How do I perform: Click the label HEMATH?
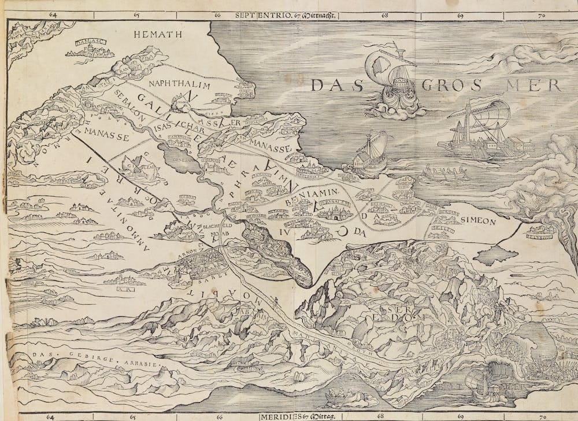(158, 35)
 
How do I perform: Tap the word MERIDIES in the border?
(279, 416)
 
